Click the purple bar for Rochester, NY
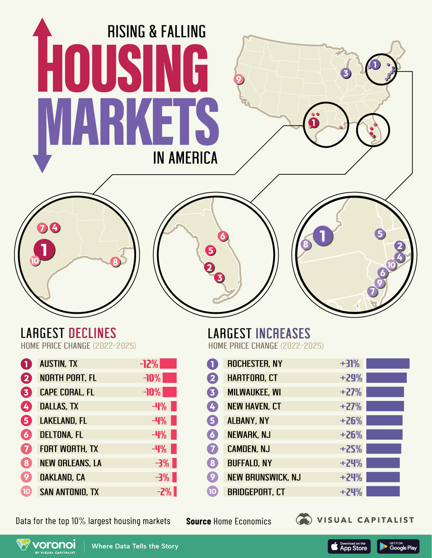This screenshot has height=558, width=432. tap(388, 363)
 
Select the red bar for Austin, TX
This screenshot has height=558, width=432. tap(168, 363)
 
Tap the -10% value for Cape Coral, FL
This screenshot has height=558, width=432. tap(152, 392)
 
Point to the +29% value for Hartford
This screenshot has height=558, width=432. tap(351, 378)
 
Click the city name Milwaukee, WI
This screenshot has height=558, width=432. tap(254, 392)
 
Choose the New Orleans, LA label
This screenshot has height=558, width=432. tap(71, 463)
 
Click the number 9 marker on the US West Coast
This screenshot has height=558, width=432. tap(238, 79)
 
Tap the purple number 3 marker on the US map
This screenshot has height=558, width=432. tap(346, 73)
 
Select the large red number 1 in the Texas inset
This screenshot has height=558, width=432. tap(44, 249)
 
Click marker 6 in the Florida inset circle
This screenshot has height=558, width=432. tap(223, 236)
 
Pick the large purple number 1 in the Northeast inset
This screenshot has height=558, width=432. tap(323, 236)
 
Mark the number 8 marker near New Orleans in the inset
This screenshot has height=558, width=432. tap(115, 262)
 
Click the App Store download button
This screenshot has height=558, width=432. tap(349, 546)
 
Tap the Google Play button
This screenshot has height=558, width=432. tap(398, 546)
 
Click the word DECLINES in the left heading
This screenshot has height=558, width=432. tap(92, 333)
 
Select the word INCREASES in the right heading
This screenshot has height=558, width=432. tap(283, 333)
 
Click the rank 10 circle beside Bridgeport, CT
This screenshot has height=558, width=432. tap(212, 491)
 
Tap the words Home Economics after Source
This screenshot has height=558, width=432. tap(242, 521)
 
